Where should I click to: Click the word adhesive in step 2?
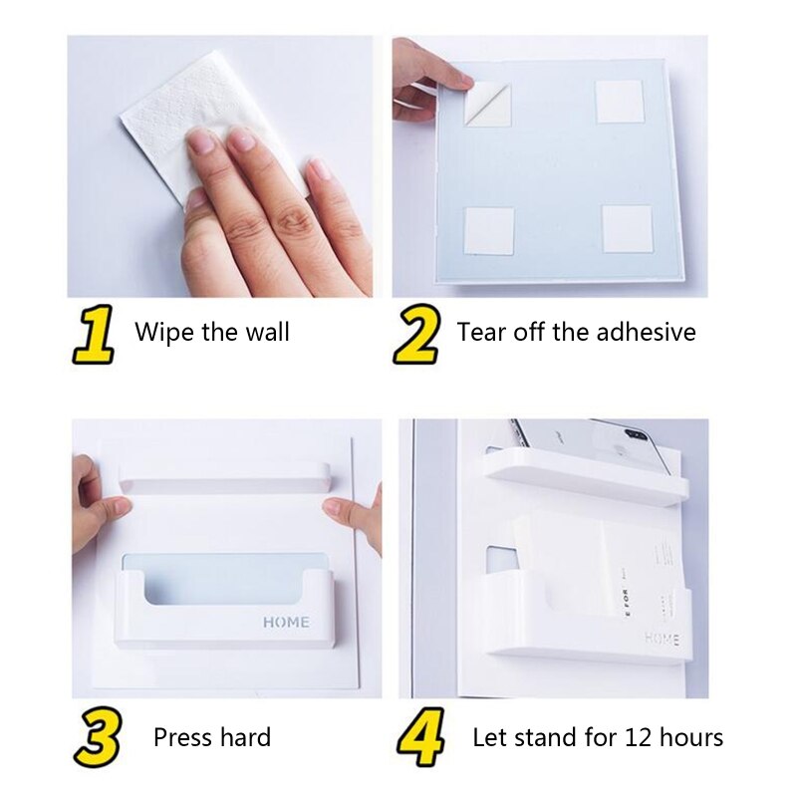click(x=646, y=332)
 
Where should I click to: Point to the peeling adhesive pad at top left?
click(x=487, y=105)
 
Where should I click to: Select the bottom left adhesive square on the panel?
click(x=489, y=231)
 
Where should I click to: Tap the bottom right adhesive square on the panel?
click(x=627, y=229)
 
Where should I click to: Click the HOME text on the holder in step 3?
click(x=286, y=623)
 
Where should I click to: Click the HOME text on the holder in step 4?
click(x=662, y=638)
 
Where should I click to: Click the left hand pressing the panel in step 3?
click(x=97, y=503)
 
